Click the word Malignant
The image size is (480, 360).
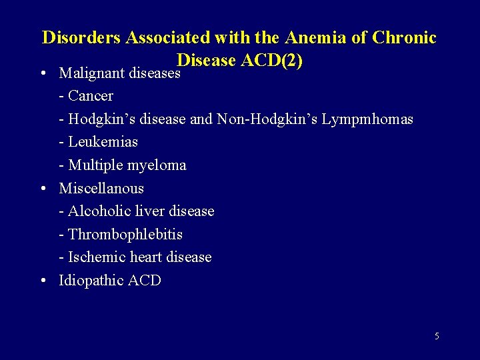pyautogui.click(x=93, y=73)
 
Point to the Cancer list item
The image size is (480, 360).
pyautogui.click(x=90, y=96)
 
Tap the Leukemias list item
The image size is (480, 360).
pyautogui.click(x=103, y=142)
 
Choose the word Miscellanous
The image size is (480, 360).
pyautogui.click(x=101, y=188)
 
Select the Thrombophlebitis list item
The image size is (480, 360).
pyautogui.click(x=125, y=234)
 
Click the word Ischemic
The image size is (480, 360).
pyautogui.click(x=97, y=257)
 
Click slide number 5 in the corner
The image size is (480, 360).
pyautogui.click(x=437, y=337)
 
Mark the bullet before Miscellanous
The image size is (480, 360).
pyautogui.click(x=43, y=189)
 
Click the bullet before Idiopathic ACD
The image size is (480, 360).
pyautogui.click(x=43, y=281)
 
